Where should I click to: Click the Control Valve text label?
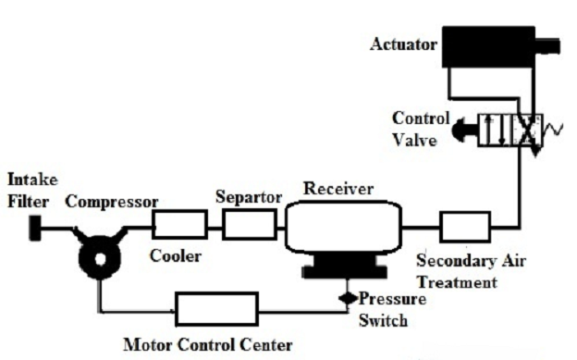(x=422, y=129)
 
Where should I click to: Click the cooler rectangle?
(x=179, y=224)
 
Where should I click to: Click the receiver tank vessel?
(x=343, y=225)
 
